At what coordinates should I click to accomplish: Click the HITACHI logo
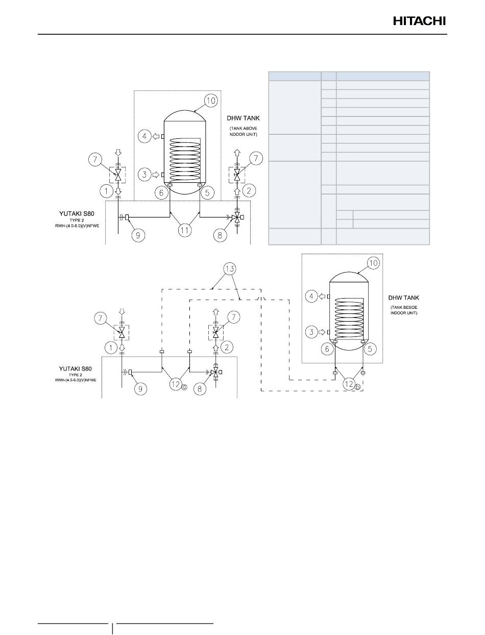pyautogui.click(x=419, y=21)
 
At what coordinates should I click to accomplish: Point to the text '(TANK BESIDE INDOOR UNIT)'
pyautogui.click(x=402, y=310)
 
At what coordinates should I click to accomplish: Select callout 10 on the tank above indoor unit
pyautogui.click(x=210, y=101)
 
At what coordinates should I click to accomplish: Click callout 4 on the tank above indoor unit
pyautogui.click(x=144, y=136)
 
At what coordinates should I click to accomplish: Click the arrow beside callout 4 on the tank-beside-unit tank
pyautogui.click(x=323, y=296)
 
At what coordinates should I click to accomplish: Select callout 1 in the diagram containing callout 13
pyautogui.click(x=110, y=348)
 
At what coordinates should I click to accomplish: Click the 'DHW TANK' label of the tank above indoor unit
pyautogui.click(x=243, y=118)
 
